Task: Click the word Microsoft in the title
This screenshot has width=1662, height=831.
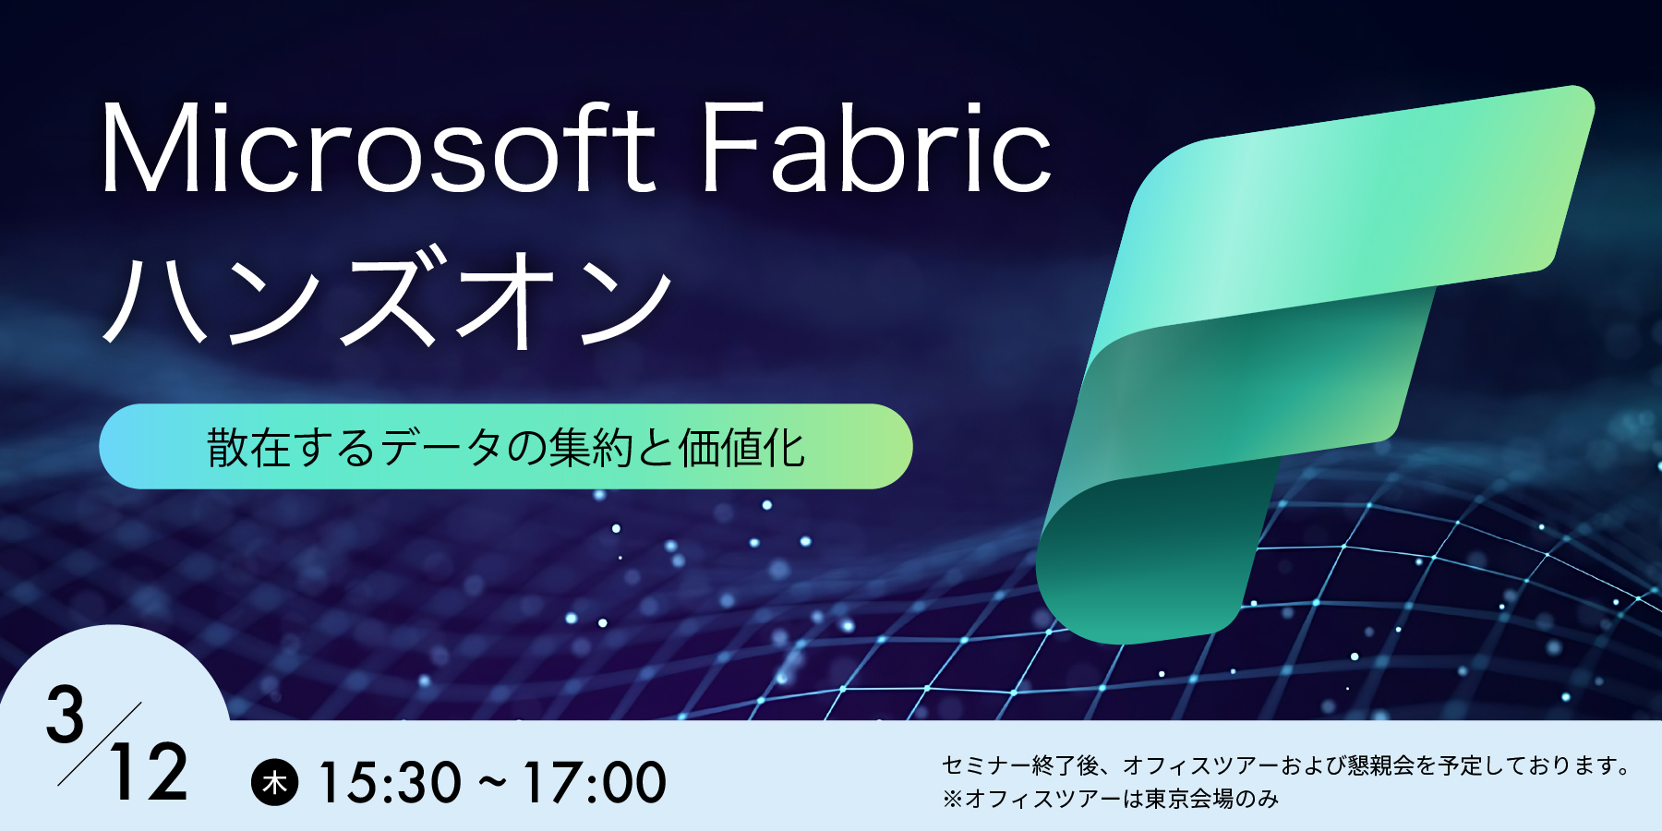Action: point(379,150)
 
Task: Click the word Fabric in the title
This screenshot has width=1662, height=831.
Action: point(875,150)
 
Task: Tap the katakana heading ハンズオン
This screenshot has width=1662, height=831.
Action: point(388,297)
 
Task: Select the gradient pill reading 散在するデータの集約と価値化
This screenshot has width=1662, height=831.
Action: point(506,447)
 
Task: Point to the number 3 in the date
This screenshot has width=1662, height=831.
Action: point(66,716)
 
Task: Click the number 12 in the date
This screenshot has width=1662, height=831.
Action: point(148,774)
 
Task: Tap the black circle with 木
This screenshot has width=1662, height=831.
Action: point(275,783)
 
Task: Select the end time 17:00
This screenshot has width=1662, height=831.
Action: point(595,783)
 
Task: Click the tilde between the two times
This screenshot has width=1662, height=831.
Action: point(492,783)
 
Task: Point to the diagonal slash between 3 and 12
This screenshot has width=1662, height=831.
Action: point(100,743)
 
